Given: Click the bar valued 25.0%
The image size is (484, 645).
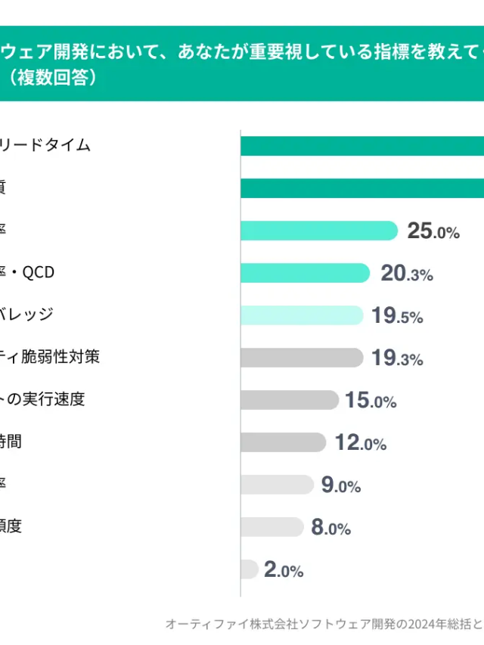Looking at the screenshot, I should click(x=318, y=231).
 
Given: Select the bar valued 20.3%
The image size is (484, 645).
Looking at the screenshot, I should click(x=305, y=273).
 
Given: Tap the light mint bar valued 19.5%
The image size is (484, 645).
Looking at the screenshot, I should click(x=302, y=315).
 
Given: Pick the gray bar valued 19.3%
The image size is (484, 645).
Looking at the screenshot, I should click(x=301, y=358).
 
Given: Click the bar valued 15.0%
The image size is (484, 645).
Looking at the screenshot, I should click(x=289, y=400).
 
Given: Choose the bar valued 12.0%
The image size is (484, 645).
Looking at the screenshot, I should click(x=283, y=442).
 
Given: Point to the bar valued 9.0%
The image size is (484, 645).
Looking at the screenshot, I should click(x=276, y=485).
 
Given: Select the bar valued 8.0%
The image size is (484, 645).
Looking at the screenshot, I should click(x=271, y=527).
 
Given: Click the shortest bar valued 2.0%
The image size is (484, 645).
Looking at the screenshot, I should click(x=249, y=569).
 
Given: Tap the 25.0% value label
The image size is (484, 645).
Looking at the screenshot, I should click(x=433, y=231).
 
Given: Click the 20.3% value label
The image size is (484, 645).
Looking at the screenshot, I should click(x=407, y=274).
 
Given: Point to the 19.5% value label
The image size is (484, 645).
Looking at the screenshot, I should click(x=397, y=316).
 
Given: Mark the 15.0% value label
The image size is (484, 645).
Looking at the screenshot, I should click(x=371, y=401).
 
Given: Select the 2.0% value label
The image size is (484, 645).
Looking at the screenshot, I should click(x=284, y=570).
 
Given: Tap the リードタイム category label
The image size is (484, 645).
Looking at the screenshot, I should click(x=45, y=145).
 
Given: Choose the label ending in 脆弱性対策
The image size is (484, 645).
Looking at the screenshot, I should click(x=50, y=356).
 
